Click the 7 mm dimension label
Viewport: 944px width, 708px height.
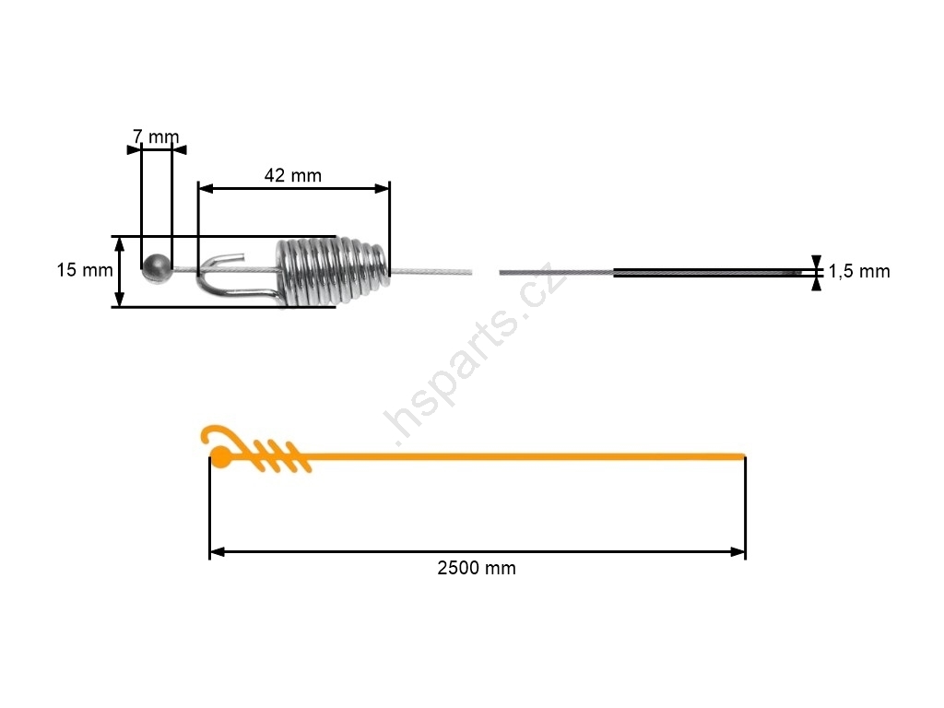[156, 137]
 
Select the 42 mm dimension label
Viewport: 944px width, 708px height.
[293, 176]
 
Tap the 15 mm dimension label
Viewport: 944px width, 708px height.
[85, 270]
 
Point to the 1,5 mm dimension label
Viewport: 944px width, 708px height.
[859, 272]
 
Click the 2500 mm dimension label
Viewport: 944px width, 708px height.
[477, 568]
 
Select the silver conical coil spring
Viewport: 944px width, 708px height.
[332, 270]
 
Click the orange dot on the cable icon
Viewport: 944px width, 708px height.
[219, 457]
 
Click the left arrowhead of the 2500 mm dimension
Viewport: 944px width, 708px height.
[217, 552]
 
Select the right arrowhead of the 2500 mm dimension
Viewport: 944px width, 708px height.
[738, 552]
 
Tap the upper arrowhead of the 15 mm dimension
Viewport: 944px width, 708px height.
[119, 243]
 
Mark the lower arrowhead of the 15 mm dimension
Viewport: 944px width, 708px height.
[119, 300]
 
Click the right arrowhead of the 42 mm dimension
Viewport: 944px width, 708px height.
[382, 188]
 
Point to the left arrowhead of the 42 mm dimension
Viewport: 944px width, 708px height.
[206, 188]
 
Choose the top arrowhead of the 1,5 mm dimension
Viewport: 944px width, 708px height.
[817, 261]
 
